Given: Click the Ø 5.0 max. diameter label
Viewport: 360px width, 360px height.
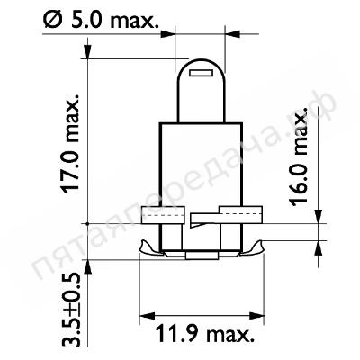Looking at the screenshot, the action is click(x=101, y=20).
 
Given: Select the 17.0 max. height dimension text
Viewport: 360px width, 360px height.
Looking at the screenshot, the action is click(x=70, y=144).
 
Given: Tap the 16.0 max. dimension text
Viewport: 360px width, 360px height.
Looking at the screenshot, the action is click(x=299, y=157).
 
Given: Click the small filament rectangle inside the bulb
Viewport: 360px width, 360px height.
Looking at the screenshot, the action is click(x=201, y=73).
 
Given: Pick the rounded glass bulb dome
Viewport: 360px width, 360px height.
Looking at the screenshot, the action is click(x=201, y=90).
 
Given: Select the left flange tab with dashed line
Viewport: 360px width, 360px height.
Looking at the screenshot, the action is click(x=163, y=215).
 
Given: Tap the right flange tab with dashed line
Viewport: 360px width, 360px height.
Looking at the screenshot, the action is click(x=241, y=214).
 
